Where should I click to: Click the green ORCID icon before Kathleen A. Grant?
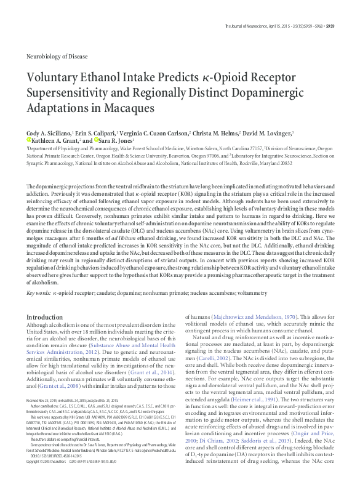tap(28, 140)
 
